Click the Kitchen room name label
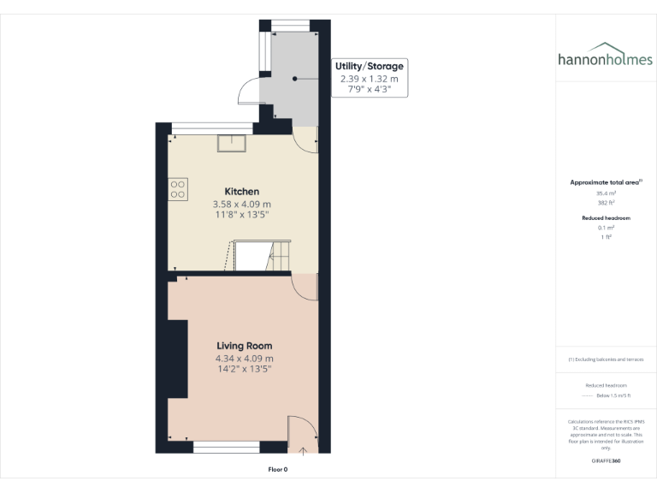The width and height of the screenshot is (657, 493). (242, 191)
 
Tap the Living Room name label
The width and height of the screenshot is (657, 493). (244, 346)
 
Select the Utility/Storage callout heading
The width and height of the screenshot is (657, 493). (370, 66)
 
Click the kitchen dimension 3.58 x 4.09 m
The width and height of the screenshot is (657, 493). (242, 205)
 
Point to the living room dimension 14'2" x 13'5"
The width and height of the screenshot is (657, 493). (244, 370)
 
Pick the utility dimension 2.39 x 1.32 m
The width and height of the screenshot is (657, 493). (370, 79)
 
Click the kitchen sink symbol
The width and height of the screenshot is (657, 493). (231, 142)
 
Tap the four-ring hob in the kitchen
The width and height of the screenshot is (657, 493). (178, 188)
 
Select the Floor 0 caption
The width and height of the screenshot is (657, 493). (278, 470)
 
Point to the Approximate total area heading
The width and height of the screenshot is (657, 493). (606, 182)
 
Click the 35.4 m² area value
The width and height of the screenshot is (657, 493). (606, 193)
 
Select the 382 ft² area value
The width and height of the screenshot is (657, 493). (606, 203)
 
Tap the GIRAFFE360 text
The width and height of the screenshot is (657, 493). (606, 460)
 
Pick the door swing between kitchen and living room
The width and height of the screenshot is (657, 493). (303, 287)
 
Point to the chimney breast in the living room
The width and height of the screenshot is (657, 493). (178, 359)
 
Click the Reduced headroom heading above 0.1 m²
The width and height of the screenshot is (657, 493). (606, 218)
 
